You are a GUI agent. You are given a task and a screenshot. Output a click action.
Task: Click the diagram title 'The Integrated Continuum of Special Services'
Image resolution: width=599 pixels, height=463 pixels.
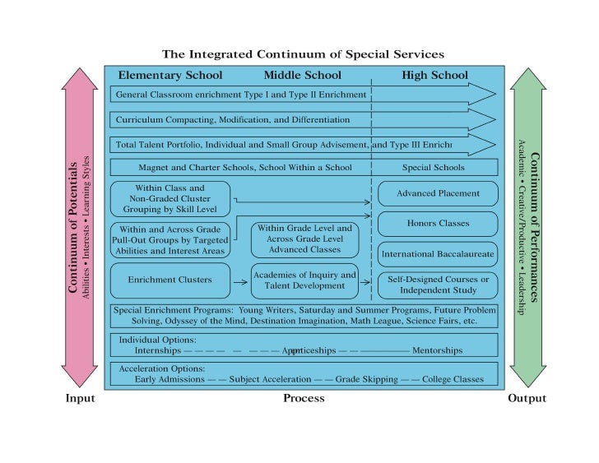[303, 54]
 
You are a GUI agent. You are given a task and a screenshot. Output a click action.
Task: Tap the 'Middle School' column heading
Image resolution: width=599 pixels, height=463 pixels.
[302, 76]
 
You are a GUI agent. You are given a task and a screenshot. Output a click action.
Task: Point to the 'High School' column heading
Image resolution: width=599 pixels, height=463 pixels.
[434, 76]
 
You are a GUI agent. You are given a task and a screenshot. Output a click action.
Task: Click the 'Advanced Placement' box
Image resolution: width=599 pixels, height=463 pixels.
[438, 194]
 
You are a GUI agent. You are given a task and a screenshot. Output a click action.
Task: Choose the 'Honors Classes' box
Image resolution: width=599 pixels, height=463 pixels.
[438, 224]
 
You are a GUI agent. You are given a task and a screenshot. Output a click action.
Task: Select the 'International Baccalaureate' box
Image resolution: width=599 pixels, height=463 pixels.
[438, 254]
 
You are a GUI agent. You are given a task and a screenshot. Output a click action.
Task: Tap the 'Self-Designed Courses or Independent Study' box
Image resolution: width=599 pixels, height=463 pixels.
[438, 285]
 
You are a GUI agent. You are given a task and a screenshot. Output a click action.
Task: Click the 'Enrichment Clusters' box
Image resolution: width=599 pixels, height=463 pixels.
[169, 280]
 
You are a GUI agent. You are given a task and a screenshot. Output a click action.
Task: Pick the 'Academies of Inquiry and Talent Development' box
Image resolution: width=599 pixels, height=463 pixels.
[304, 280]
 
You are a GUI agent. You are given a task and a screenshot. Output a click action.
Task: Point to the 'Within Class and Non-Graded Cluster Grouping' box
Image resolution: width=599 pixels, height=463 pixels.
[172, 198]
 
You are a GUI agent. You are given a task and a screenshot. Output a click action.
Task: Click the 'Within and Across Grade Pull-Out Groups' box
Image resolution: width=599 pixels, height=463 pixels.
[169, 238]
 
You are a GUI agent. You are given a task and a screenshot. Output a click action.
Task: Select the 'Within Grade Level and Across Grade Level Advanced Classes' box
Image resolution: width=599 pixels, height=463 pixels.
[304, 238]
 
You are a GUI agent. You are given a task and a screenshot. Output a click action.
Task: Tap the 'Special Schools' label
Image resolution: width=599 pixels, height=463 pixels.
[433, 168]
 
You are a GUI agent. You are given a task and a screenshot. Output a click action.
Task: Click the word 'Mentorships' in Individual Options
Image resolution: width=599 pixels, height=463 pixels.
[438, 350]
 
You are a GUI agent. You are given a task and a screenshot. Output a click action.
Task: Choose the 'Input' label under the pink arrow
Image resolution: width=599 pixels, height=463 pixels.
[80, 399]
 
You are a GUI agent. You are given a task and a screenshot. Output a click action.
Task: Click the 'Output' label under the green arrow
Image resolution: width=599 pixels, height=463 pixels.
[527, 399]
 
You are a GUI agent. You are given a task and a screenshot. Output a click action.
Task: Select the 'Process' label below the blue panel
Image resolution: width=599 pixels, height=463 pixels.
[304, 399]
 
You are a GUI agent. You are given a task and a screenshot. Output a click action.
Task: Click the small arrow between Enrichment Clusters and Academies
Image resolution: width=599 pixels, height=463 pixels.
[240, 282]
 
